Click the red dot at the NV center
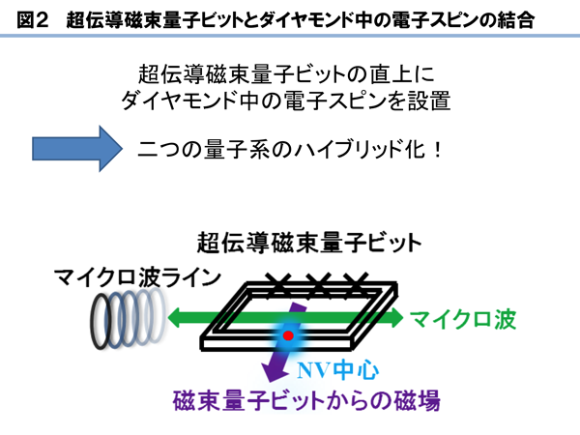288,335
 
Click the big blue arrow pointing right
77,149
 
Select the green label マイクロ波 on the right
463,319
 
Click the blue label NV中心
337,370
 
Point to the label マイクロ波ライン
137,277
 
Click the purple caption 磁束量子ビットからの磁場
306,400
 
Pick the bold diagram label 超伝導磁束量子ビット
309,243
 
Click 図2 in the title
33,19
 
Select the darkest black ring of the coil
100,321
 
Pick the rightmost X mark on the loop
356,285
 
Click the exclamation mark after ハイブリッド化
438,150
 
